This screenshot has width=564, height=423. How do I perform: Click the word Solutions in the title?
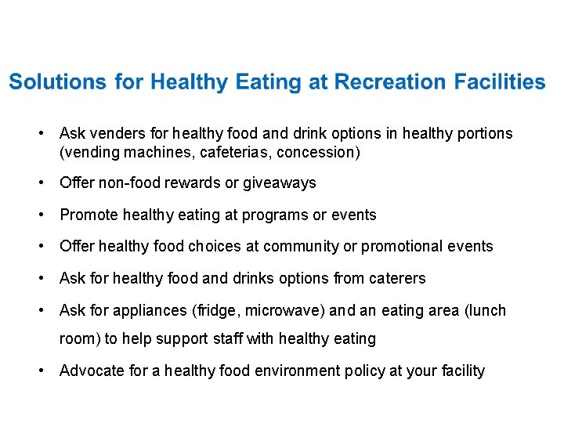coord(57,82)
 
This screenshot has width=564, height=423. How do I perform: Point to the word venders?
coord(116,134)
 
